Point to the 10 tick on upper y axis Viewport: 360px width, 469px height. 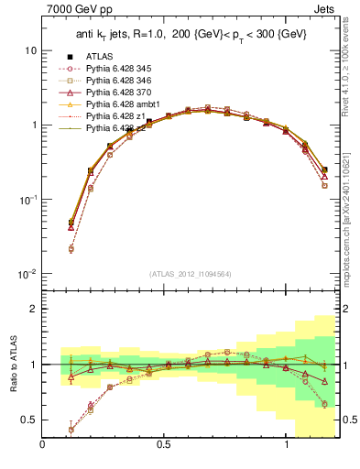tap(29, 50)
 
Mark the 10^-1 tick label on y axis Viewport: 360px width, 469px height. tap(27, 200)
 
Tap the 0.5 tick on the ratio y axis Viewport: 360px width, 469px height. tap(29, 420)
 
